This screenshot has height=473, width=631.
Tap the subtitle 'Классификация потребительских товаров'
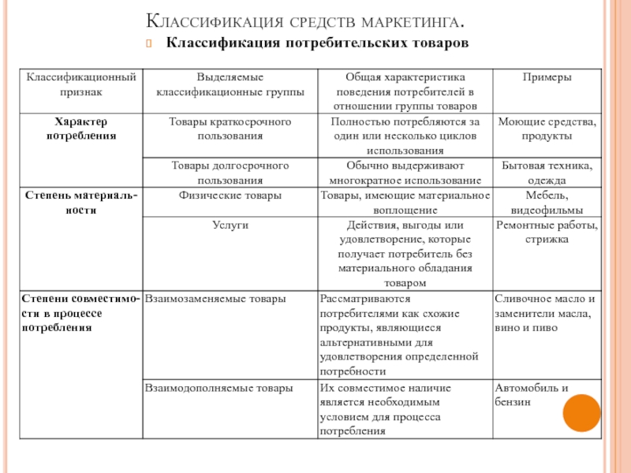316,41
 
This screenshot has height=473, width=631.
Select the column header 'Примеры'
547,77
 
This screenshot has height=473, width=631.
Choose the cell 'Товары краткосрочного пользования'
230,129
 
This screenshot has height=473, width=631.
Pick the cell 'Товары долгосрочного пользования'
230,173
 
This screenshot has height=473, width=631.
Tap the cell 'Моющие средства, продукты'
547,129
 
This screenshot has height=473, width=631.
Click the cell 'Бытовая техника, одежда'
547,173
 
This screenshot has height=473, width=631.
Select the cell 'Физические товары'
230,195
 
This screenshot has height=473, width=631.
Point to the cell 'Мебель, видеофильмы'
547,203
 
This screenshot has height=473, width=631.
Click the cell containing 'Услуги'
230,225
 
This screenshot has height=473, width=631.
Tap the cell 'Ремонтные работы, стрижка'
547,232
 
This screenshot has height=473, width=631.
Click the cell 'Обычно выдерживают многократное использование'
404,173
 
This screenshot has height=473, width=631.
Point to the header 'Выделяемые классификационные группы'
230,84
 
